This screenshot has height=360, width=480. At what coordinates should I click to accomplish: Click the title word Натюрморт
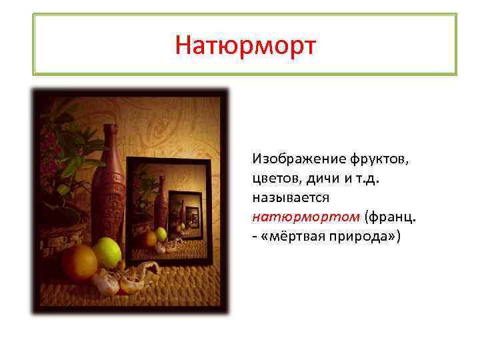click(245, 45)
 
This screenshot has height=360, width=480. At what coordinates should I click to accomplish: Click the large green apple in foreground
click(106, 253)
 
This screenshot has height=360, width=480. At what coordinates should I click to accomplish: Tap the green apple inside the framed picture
click(161, 234)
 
